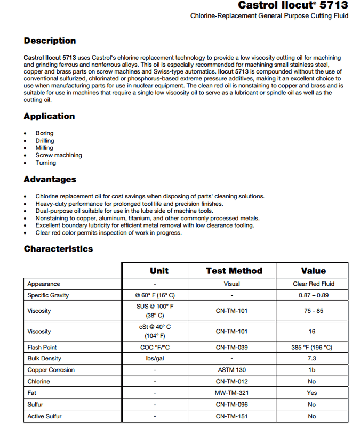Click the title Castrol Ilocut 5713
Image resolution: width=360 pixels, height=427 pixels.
click(x=293, y=5)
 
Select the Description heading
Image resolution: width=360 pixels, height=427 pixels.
click(x=50, y=41)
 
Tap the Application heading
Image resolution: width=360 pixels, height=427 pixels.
click(x=49, y=116)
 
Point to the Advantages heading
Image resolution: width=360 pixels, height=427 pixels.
click(x=50, y=179)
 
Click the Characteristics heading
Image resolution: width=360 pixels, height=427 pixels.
click(x=58, y=249)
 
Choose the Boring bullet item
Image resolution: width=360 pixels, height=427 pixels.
click(x=45, y=133)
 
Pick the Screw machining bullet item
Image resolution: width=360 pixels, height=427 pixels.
click(x=59, y=155)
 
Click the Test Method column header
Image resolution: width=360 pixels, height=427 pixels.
click(x=234, y=271)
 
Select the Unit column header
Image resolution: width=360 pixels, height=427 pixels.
click(x=159, y=271)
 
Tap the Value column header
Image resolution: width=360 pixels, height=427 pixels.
click(x=313, y=271)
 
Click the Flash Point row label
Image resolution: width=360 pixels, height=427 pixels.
click(x=42, y=347)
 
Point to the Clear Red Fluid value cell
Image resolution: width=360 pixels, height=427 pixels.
click(x=314, y=284)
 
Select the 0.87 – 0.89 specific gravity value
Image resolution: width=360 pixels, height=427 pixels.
click(x=313, y=295)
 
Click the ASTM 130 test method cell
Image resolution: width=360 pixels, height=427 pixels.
click(x=232, y=370)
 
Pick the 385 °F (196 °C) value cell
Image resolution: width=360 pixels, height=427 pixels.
click(x=312, y=347)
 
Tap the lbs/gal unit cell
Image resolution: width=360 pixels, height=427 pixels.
click(x=155, y=359)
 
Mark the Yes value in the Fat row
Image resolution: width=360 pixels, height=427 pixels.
click(x=312, y=393)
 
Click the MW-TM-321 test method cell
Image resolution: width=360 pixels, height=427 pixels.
click(x=232, y=393)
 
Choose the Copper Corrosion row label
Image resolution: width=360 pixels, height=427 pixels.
click(x=51, y=370)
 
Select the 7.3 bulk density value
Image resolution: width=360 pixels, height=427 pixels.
click(x=312, y=359)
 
